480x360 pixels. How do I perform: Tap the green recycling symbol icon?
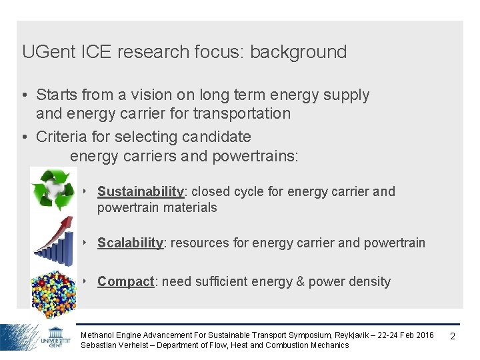point(53,190)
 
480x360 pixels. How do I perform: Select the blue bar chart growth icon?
point(53,238)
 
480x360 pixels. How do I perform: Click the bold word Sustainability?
point(141,191)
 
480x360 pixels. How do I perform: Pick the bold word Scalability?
point(130,243)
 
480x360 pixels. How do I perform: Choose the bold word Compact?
point(125,281)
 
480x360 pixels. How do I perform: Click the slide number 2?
point(453,336)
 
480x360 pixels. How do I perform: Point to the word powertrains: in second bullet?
point(255,156)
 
